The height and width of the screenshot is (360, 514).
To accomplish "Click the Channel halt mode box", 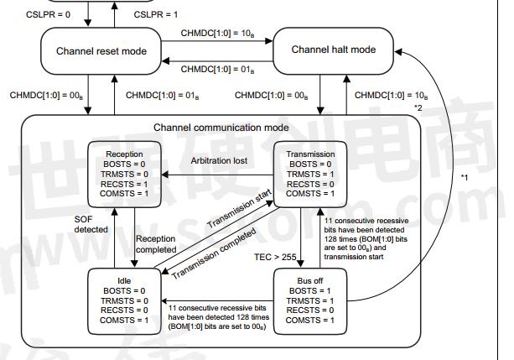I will pyautogui.click(x=332, y=50).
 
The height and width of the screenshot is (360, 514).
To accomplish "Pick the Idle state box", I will pyautogui.click(x=124, y=296).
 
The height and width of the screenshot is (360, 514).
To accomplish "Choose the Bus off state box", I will pyautogui.click(x=311, y=296).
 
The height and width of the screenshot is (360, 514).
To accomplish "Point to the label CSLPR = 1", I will pyautogui.click(x=159, y=15).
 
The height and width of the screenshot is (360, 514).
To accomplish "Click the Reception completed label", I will pyautogui.click(x=156, y=244).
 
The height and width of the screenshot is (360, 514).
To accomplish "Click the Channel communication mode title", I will pyautogui.click(x=221, y=128).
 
